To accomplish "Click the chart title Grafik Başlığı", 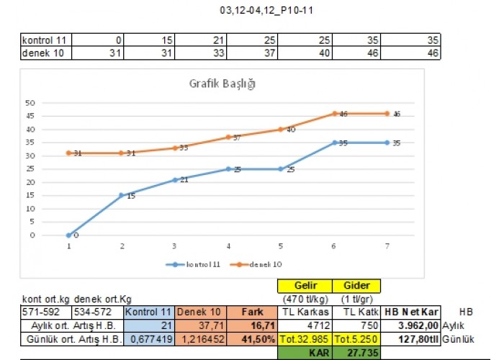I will click(222, 84).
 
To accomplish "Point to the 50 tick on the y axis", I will click(31, 103).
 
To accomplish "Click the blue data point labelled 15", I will click(122, 195).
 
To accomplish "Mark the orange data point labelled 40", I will click(281, 130).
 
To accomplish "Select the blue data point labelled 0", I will click(68, 235).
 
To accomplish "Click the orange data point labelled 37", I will click(228, 137).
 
